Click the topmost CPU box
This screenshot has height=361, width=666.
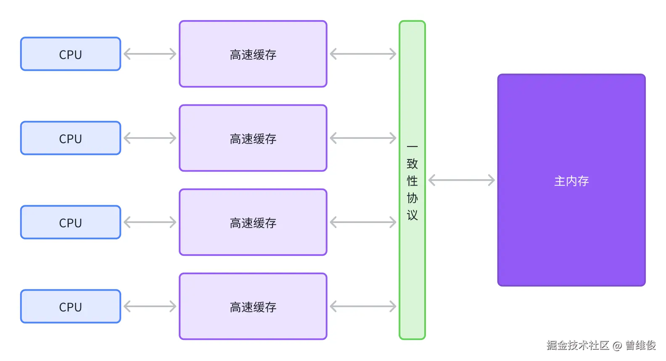[71, 54]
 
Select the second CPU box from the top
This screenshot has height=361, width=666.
[71, 138]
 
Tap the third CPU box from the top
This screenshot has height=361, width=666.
[71, 223]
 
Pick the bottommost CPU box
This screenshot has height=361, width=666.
[71, 307]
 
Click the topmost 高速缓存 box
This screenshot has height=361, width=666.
[253, 54]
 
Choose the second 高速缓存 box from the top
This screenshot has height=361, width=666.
[253, 138]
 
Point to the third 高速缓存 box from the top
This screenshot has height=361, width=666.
[253, 223]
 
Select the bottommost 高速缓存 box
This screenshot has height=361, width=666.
[253, 307]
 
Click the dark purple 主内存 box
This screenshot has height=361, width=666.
[571, 180]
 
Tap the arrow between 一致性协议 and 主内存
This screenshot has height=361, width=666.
[461, 180]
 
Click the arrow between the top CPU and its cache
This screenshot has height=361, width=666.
[150, 54]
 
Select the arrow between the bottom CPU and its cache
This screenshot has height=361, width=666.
[150, 306]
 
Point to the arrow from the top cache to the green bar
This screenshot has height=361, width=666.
[363, 54]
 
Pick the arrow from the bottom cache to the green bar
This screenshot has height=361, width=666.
[363, 306]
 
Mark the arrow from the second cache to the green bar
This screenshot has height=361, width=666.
[363, 138]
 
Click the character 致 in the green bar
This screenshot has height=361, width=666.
[412, 164]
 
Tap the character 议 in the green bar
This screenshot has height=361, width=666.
[412, 215]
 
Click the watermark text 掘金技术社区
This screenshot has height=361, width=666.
[578, 345]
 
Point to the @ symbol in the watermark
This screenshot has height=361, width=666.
[617, 346]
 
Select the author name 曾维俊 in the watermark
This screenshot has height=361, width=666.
[640, 345]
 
